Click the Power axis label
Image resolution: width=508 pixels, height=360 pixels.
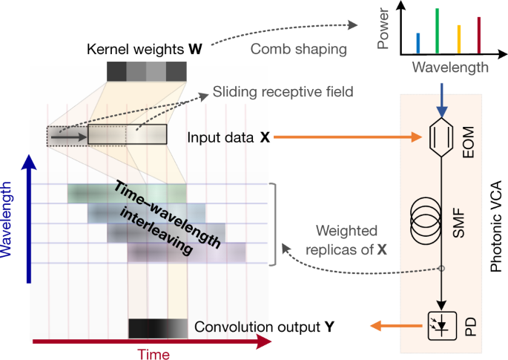coord(383,30)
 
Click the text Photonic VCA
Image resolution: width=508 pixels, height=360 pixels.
coord(496,223)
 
